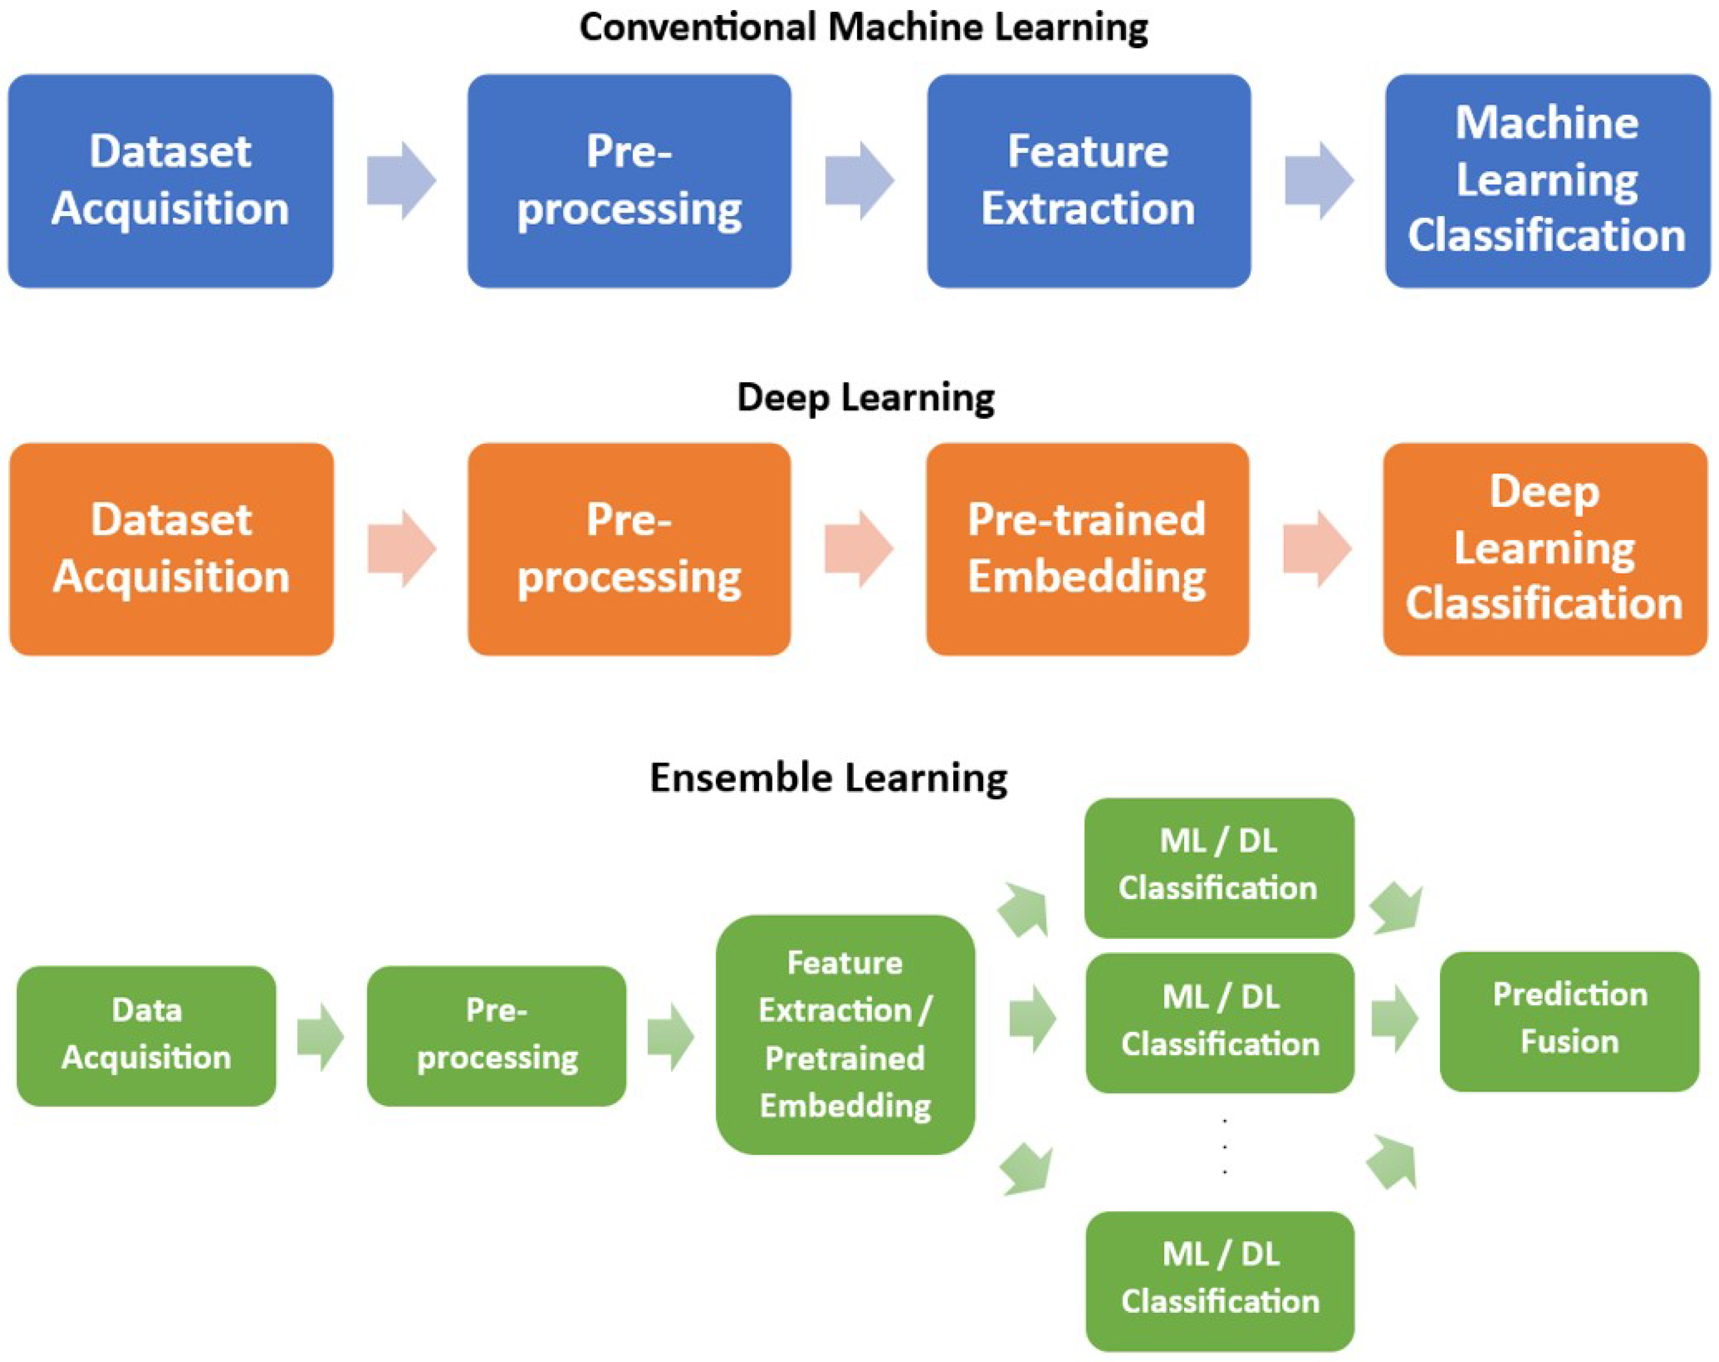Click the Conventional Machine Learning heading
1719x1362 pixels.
pyautogui.click(x=863, y=28)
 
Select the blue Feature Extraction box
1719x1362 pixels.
pyautogui.click(x=1088, y=181)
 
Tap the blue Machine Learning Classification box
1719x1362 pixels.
pyautogui.click(x=1547, y=181)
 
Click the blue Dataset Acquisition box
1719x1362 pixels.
pyautogui.click(x=171, y=181)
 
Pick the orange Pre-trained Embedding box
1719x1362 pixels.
pyautogui.click(x=1087, y=549)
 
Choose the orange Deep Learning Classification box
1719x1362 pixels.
pyautogui.click(x=1544, y=549)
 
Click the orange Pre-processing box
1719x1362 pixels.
pyautogui.click(x=629, y=549)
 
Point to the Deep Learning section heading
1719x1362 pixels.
pyautogui.click(x=865, y=397)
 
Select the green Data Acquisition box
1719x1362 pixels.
pyautogui.click(x=147, y=1035)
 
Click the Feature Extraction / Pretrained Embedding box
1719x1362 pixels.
pyautogui.click(x=845, y=1035)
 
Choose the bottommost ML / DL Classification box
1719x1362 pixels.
pyautogui.click(x=1219, y=1280)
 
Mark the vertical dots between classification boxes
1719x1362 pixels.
pyautogui.click(x=1224, y=1146)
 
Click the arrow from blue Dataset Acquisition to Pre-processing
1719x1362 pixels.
pyautogui.click(x=401, y=181)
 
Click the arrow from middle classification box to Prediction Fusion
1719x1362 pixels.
pyautogui.click(x=1395, y=1019)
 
